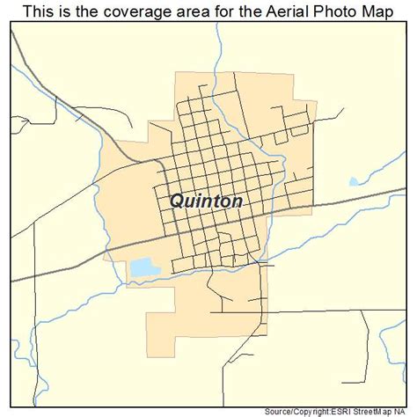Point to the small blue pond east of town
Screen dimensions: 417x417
point(355,182)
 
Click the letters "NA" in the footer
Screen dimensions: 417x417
point(406,410)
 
